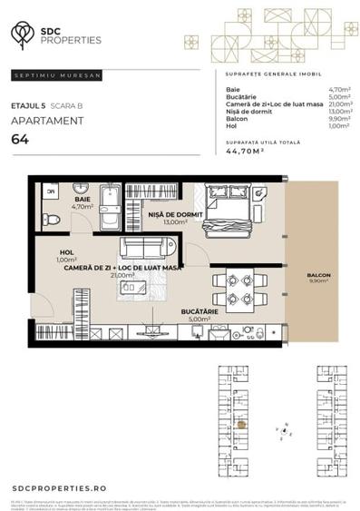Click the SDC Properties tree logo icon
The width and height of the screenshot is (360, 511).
[x=22, y=34]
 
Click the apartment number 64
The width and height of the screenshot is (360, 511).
[x=18, y=139]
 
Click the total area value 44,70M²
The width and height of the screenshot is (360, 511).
[x=245, y=152]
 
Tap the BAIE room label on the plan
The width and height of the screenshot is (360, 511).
[x=83, y=199]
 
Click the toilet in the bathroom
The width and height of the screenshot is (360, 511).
[x=53, y=219]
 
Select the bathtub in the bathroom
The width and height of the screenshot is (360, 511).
[x=110, y=210]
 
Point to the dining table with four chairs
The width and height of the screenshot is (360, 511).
[x=238, y=290]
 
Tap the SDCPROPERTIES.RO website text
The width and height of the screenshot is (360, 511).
[x=59, y=488]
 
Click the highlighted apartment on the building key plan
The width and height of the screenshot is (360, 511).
[x=241, y=423]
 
